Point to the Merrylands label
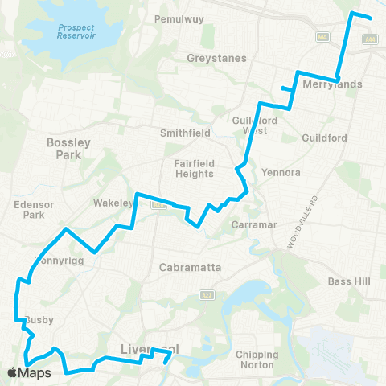coord(332,84)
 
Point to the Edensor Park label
coord(34,210)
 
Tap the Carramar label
coord(254,224)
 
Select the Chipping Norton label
coord(257,359)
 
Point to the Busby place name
coord(40,319)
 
